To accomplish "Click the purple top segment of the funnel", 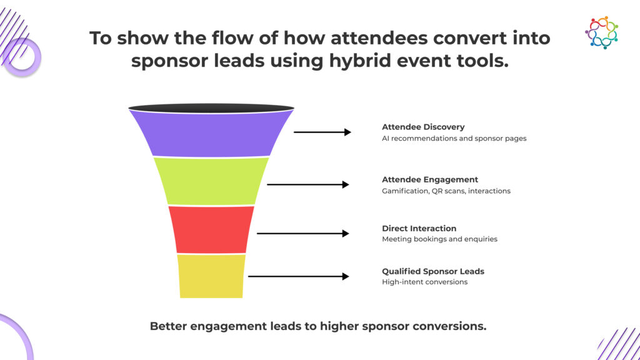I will pyautogui.click(x=211, y=132).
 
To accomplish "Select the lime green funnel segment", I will pyautogui.click(x=211, y=181).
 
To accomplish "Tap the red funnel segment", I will pyautogui.click(x=211, y=229).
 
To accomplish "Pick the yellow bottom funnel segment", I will pyautogui.click(x=211, y=276).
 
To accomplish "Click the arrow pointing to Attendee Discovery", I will pyautogui.click(x=322, y=132).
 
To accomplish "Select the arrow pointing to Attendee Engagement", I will pyautogui.click(x=308, y=184).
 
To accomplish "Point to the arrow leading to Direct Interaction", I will pyautogui.click(x=303, y=234).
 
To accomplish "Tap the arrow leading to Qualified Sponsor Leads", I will pyautogui.click(x=299, y=276).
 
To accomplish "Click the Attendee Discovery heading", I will pyautogui.click(x=423, y=127).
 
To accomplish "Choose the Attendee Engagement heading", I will pyautogui.click(x=430, y=179).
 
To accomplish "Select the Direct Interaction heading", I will pyautogui.click(x=419, y=229).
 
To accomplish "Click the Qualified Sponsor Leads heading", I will pyautogui.click(x=433, y=271).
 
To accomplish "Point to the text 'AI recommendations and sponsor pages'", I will pyautogui.click(x=454, y=138).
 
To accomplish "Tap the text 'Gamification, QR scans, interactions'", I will pyautogui.click(x=446, y=191).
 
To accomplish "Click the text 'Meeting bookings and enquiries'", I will pyautogui.click(x=440, y=239).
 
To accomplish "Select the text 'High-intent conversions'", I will pyautogui.click(x=425, y=282).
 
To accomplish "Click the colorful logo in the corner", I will pyautogui.click(x=602, y=32).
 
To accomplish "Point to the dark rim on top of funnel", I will pyautogui.click(x=211, y=108).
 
